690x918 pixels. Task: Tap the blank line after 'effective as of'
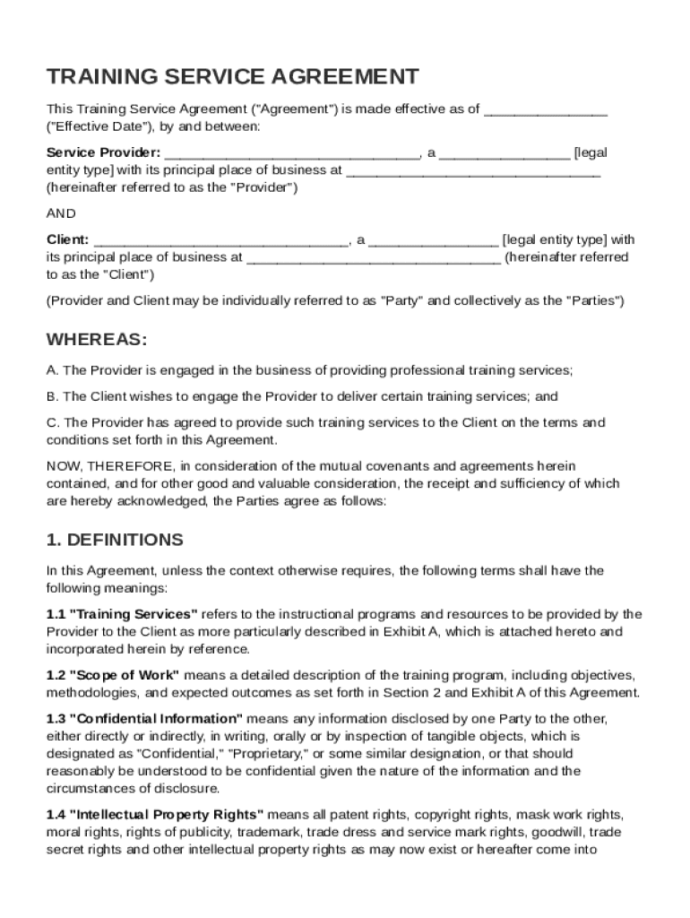coord(546,110)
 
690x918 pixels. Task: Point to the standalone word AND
coord(61,213)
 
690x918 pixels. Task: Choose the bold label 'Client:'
coord(67,239)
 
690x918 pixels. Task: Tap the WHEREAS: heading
coord(97,340)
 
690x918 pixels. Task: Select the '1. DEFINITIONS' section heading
coord(115,540)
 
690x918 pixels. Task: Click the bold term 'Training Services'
coord(134,614)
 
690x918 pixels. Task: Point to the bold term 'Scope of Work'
coord(125,675)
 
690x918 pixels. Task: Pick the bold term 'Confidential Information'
coord(156,719)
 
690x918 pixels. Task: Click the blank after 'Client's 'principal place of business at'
coord(373,258)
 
